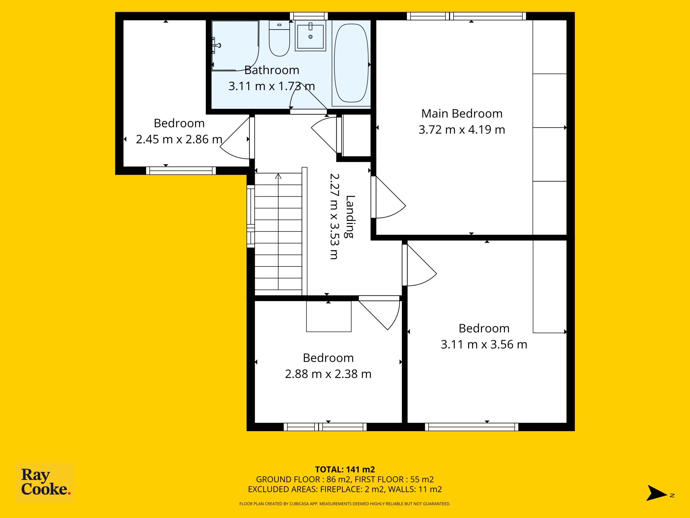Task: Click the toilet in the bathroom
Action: (279, 38)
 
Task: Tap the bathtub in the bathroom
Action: (351, 63)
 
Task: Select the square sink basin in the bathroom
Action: (310, 36)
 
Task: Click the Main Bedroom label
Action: (462, 114)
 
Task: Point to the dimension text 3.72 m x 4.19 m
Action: (462, 129)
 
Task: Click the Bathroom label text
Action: (272, 70)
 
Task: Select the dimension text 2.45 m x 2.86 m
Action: (179, 139)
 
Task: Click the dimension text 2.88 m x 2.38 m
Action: (328, 374)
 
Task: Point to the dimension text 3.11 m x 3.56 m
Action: (484, 345)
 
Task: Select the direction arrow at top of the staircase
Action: (278, 177)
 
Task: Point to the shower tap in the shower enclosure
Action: (216, 46)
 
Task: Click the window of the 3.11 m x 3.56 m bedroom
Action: (472, 427)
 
